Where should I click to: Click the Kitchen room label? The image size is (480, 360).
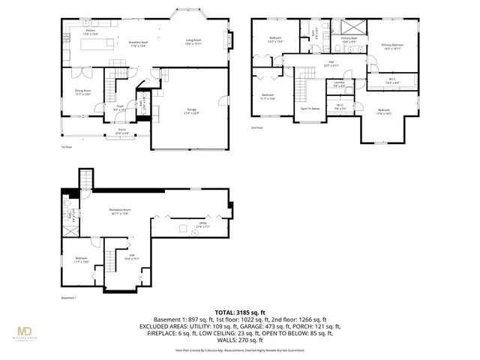tap(91, 31)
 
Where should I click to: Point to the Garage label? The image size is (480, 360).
tap(192, 109)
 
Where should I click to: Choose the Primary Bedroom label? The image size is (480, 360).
tap(392, 45)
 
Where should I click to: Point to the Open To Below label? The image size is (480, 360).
tap(310, 107)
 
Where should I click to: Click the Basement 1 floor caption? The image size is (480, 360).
tap(70, 297)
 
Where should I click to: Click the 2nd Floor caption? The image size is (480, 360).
tap(259, 128)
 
